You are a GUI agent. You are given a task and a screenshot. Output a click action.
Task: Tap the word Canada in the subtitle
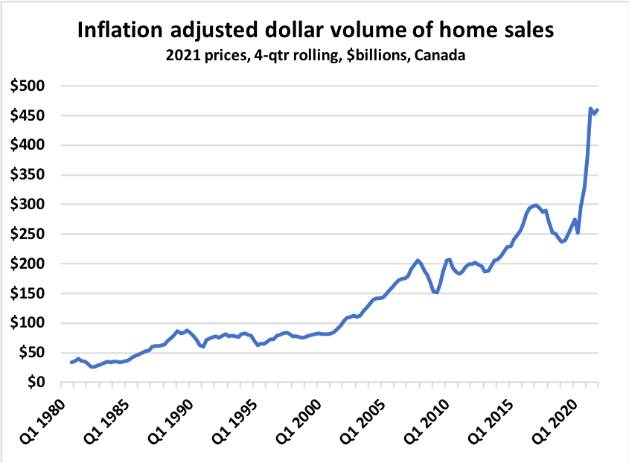coord(441,56)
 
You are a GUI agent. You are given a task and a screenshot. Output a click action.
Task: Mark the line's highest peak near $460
coord(590,109)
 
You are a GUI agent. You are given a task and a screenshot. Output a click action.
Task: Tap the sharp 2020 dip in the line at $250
coord(578,233)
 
